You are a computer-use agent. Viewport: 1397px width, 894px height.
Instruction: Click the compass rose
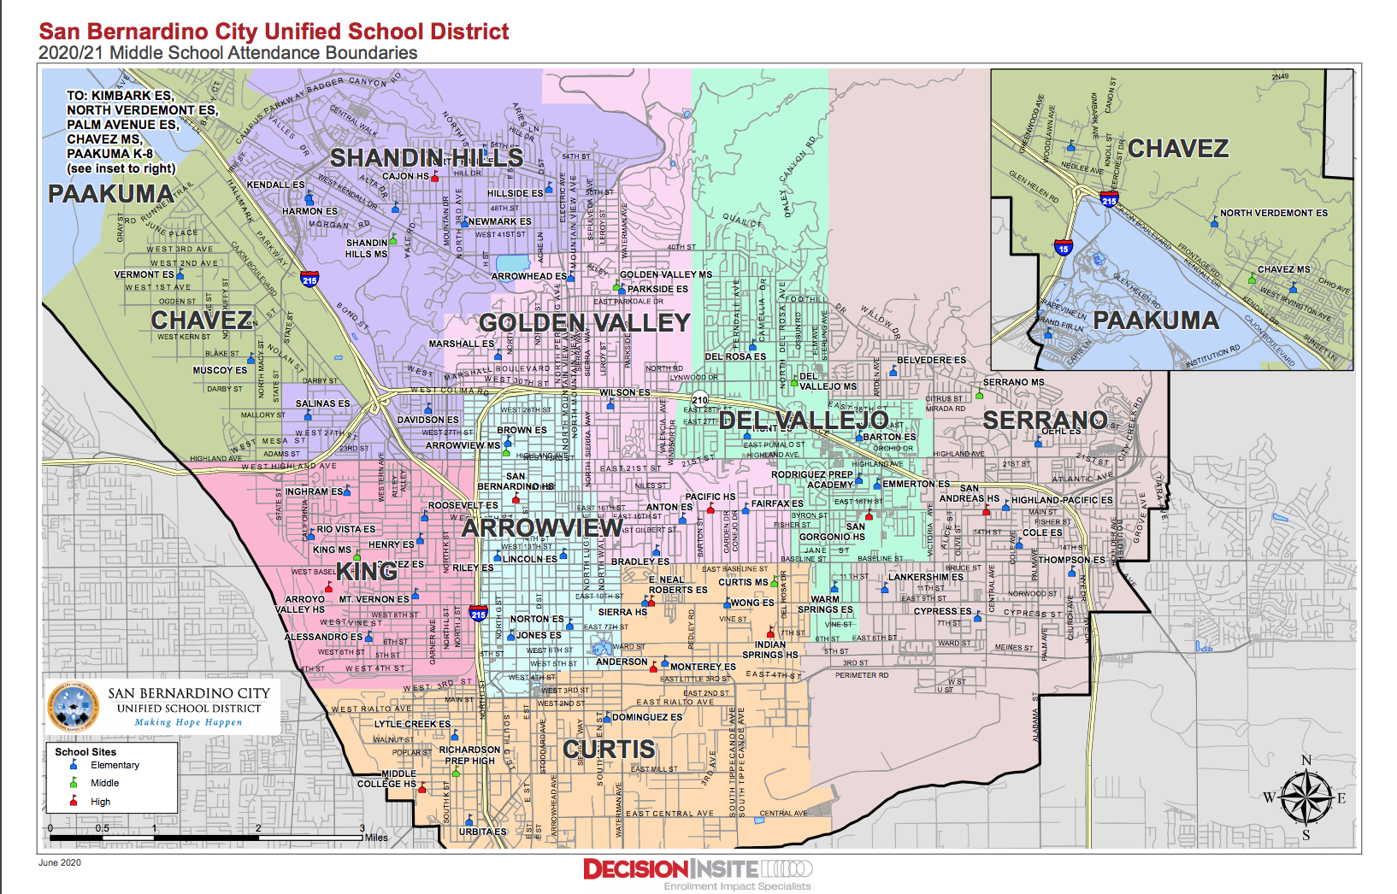pos(1306,798)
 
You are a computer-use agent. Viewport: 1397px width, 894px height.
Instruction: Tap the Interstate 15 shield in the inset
pos(1063,248)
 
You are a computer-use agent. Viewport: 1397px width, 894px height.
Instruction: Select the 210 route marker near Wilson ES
pos(699,399)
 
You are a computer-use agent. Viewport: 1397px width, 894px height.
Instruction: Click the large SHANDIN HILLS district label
pos(426,158)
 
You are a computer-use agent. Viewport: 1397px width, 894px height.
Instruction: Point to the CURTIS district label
pos(609,750)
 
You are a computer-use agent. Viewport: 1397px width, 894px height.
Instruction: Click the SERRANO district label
pos(1044,420)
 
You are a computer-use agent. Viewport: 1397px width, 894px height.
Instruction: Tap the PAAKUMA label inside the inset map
pos(1155,321)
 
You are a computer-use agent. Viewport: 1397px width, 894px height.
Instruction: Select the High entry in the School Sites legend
pos(100,802)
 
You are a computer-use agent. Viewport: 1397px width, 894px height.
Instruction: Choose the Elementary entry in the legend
pos(114,765)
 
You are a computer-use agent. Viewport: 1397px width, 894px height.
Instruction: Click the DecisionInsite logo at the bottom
pos(697,870)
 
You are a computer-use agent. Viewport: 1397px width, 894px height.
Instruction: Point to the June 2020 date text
pos(60,862)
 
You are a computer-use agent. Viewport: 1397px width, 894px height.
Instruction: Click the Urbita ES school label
pos(482,832)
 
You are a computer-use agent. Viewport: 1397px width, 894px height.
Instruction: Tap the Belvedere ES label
pos(931,360)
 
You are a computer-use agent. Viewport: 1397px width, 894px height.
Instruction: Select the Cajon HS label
pos(405,176)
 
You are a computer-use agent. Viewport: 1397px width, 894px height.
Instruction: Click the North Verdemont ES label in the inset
pos(1273,213)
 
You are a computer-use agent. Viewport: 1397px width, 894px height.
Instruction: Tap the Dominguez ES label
pos(647,717)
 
